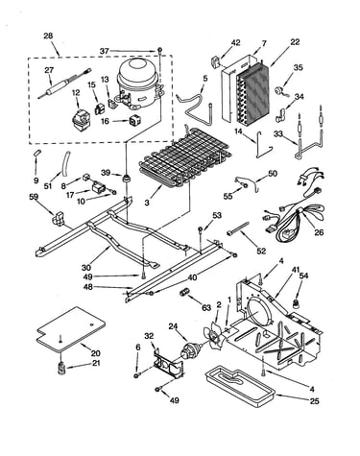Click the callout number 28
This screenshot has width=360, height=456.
(x=48, y=36)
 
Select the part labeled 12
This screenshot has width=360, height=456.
(x=81, y=119)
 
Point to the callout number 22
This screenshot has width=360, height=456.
(x=295, y=42)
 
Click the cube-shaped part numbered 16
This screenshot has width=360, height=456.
(x=134, y=121)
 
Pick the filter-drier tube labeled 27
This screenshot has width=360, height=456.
(x=64, y=84)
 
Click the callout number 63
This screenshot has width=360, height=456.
(x=206, y=308)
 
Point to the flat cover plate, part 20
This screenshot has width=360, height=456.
(x=71, y=329)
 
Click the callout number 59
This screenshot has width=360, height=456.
(x=33, y=197)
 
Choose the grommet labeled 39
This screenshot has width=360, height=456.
(x=128, y=177)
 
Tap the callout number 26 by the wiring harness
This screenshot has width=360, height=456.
(x=319, y=232)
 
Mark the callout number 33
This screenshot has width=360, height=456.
(x=278, y=133)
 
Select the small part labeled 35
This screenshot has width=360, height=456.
(x=279, y=90)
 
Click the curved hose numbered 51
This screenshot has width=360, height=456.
(x=65, y=163)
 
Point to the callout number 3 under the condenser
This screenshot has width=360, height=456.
(x=147, y=203)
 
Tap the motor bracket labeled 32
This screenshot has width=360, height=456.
(x=168, y=363)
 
